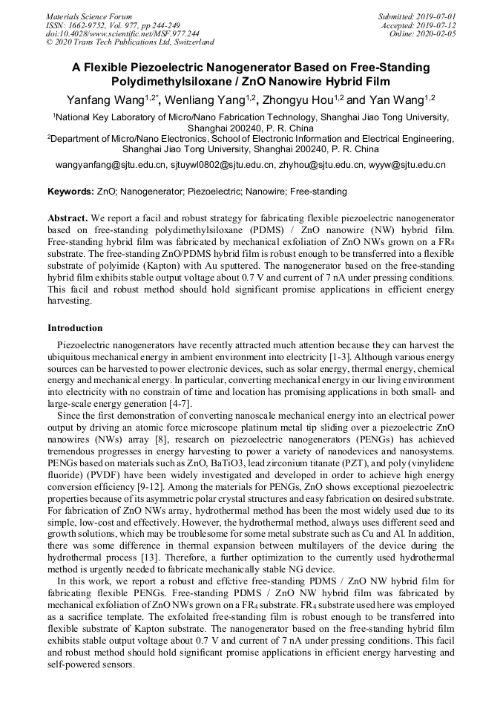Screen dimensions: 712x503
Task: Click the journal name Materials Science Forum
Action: [89, 16]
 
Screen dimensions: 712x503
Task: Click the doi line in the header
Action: [122, 33]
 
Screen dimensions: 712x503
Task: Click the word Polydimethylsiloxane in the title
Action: [176, 81]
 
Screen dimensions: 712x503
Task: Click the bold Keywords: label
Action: [70, 192]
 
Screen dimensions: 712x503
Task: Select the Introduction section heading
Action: [75, 328]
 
